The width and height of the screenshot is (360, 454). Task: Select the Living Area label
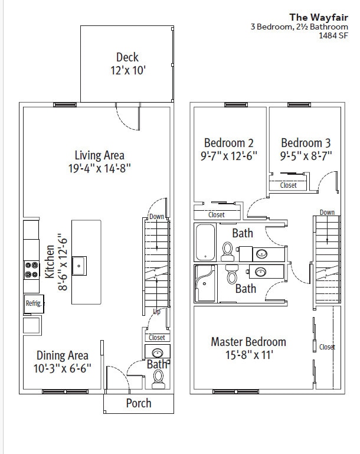pos(99,155)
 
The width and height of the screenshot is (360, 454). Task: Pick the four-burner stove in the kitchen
pos(31,271)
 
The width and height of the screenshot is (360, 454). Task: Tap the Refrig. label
pos(32,303)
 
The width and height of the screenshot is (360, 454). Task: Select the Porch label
pos(139,404)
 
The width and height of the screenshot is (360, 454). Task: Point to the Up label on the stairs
pos(156,311)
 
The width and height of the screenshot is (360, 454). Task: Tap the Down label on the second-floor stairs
pos(327,213)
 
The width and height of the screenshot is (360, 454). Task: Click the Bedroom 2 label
pos(228,143)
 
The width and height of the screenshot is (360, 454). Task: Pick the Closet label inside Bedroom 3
pos(289,185)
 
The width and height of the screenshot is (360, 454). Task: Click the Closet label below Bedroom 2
pos(217,215)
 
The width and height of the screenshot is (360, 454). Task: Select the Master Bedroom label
pos(248,342)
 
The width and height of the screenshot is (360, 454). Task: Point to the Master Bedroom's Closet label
pos(327,347)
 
